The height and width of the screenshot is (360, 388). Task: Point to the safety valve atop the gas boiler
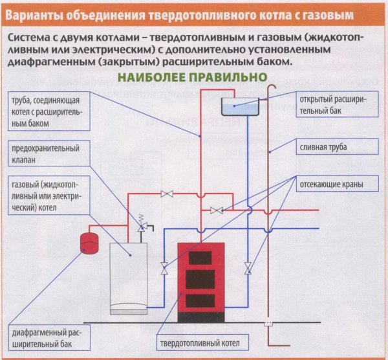click(x=142, y=226)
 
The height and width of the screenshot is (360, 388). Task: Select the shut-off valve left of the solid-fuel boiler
click(x=164, y=267)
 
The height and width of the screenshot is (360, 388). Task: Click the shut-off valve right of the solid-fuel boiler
click(x=247, y=267)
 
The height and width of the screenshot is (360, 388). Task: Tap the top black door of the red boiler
click(x=199, y=256)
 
